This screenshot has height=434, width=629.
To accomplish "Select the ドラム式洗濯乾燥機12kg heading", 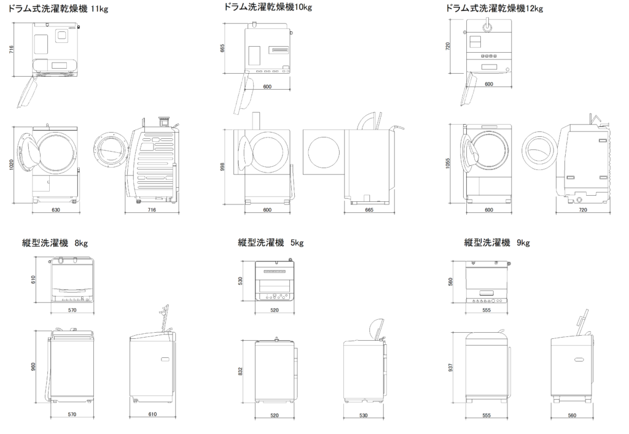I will (494, 8).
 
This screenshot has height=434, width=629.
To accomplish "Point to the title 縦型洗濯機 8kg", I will (55, 242).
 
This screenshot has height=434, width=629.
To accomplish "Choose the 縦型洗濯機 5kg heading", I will (270, 242).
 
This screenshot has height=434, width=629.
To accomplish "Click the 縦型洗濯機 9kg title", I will (497, 242).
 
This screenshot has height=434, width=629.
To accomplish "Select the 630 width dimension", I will (55, 210).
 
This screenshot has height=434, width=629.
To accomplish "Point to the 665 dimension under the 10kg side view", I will (369, 210).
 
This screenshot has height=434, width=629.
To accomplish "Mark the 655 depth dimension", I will (222, 48).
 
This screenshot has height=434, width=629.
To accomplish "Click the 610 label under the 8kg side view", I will (152, 414).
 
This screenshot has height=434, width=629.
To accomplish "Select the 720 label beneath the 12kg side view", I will (583, 210).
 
